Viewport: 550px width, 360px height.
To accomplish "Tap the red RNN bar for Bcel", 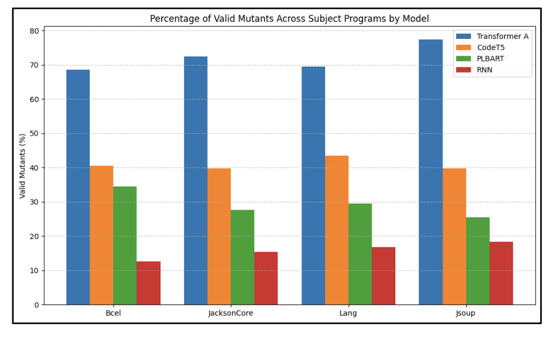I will [148, 283].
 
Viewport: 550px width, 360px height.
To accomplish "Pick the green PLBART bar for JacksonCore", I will [243, 257].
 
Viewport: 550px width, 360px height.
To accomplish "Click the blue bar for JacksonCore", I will [195, 181].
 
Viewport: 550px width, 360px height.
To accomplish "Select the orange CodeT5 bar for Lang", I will [336, 230].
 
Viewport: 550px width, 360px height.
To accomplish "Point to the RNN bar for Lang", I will [384, 276].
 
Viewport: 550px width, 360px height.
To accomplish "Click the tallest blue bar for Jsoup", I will [431, 172].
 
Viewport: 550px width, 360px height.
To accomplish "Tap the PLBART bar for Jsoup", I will [477, 261].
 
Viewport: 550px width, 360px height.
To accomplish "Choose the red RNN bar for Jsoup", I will [501, 273].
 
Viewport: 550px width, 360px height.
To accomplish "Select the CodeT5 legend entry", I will [490, 47].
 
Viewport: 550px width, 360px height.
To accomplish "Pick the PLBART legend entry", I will [490, 58].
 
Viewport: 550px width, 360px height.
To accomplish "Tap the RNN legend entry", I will [484, 70].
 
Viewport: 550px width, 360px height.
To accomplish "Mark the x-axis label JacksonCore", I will [231, 313].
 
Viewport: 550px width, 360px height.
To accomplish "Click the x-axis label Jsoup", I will [466, 313].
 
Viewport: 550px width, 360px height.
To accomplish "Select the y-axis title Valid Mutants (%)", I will [23, 166].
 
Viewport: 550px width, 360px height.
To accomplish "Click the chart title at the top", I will [289, 19].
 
